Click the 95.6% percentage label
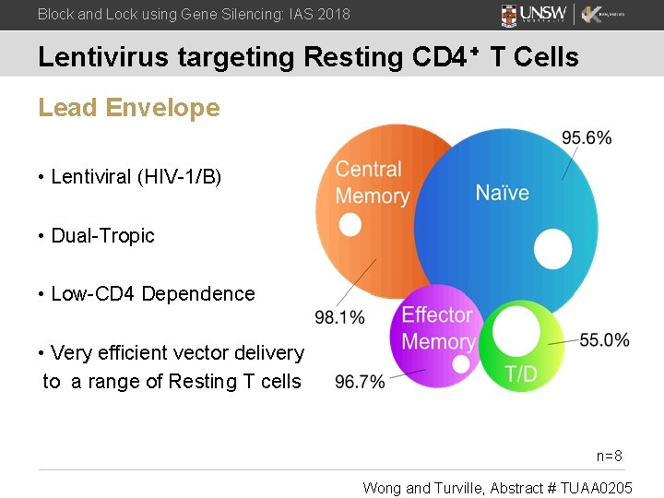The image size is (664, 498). pyautogui.click(x=586, y=138)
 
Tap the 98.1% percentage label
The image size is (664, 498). pyautogui.click(x=339, y=317)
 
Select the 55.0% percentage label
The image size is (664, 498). pyautogui.click(x=604, y=340)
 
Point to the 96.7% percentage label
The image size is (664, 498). pyautogui.click(x=360, y=382)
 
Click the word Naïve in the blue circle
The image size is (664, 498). pyautogui.click(x=502, y=193)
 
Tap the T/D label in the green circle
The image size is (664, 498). pyautogui.click(x=521, y=374)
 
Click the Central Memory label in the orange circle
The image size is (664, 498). pyautogui.click(x=372, y=183)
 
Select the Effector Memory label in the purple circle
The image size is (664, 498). pyautogui.click(x=438, y=328)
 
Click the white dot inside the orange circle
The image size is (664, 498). pyautogui.click(x=350, y=225)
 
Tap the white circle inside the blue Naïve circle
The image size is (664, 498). pyautogui.click(x=553, y=250)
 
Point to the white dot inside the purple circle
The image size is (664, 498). pyautogui.click(x=461, y=365)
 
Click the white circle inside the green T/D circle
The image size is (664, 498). pyautogui.click(x=516, y=330)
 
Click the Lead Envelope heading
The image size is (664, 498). pyautogui.click(x=129, y=108)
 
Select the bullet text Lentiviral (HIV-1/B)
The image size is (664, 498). pyautogui.click(x=136, y=177)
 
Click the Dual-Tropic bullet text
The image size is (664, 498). pyautogui.click(x=102, y=235)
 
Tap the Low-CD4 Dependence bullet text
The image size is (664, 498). pyautogui.click(x=152, y=294)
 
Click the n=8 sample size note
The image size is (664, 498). pyautogui.click(x=610, y=456)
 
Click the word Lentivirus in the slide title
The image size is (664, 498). pyautogui.click(x=101, y=57)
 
